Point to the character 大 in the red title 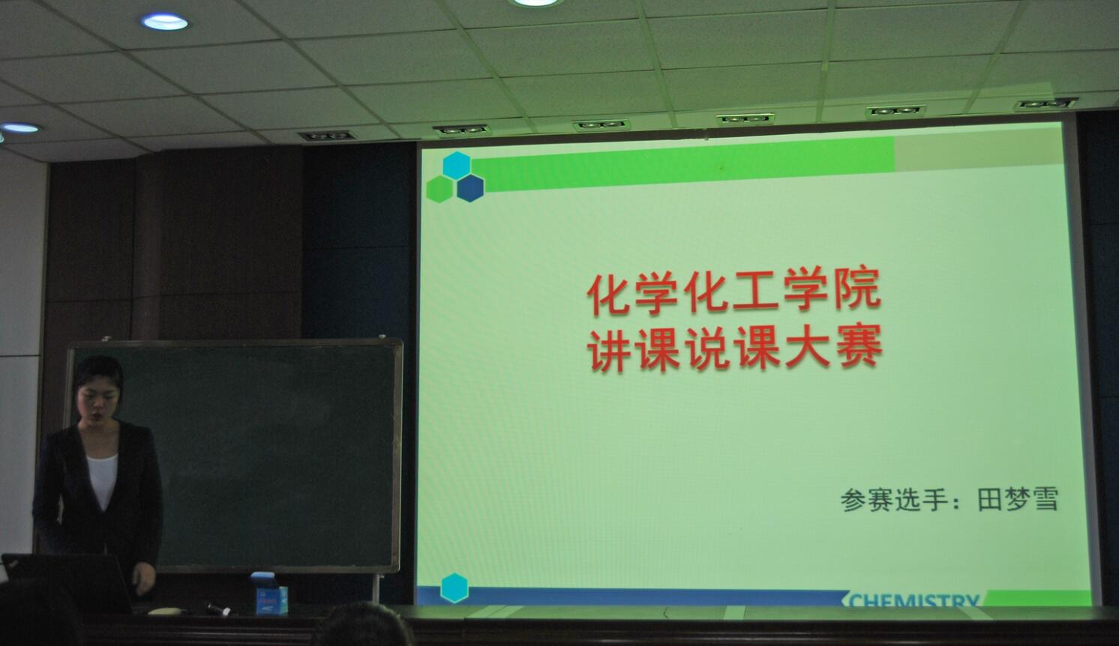coord(808,348)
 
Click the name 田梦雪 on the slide coord(1018,498)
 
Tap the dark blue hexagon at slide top coord(470,187)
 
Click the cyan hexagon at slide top coord(457,165)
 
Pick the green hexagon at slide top coord(440,189)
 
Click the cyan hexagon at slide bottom coord(454,588)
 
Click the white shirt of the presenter coord(103,480)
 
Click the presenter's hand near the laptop coord(144,578)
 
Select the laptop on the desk coord(67,582)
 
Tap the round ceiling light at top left coord(164,22)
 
